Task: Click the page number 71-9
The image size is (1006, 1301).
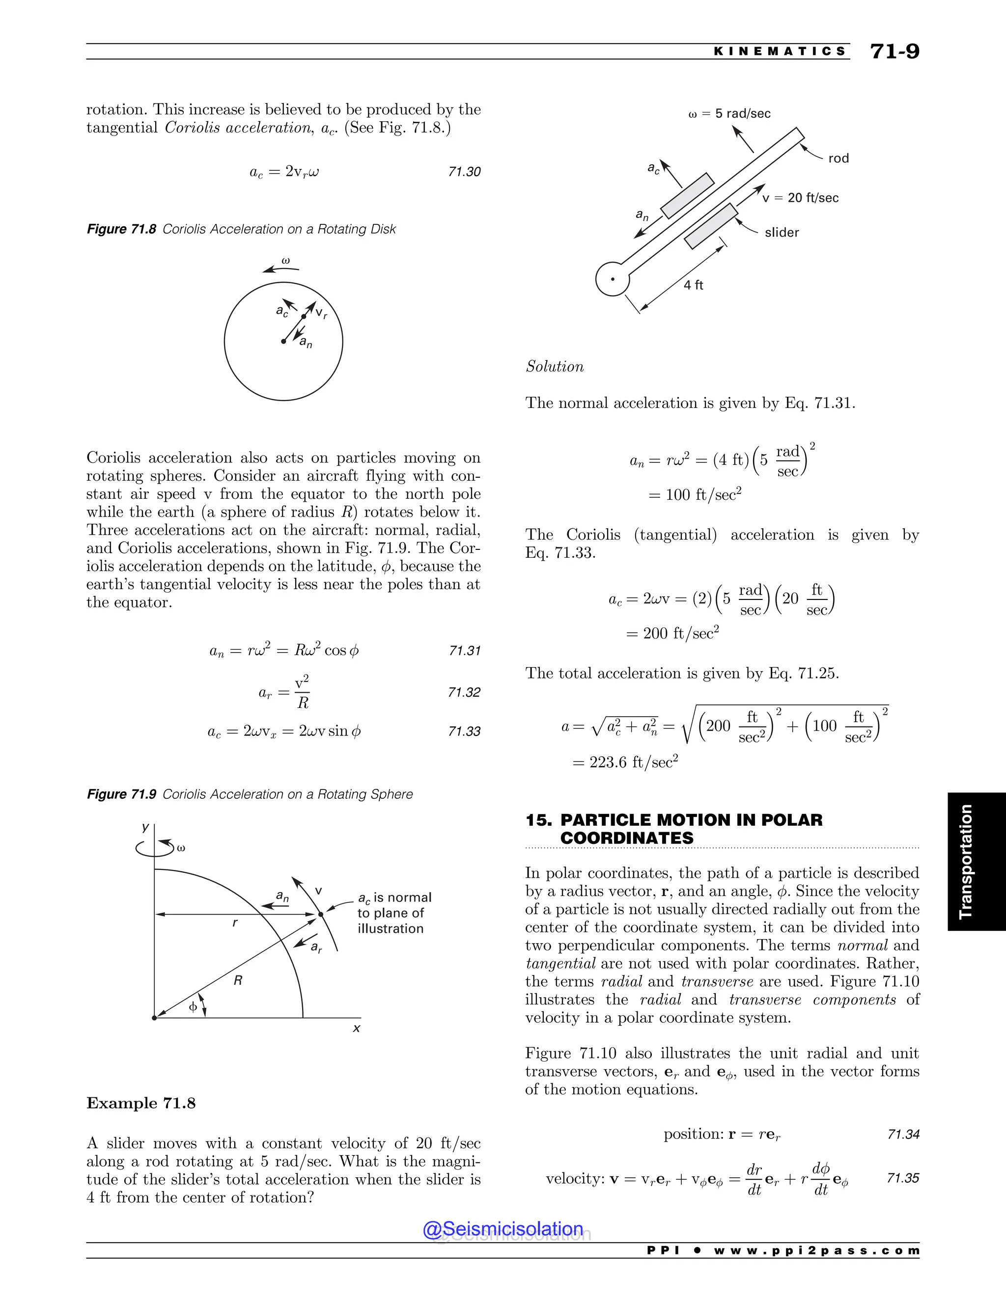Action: (x=894, y=51)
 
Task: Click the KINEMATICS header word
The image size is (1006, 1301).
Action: (x=780, y=51)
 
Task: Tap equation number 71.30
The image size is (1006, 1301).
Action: (x=464, y=171)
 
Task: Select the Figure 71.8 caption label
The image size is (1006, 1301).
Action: (x=122, y=229)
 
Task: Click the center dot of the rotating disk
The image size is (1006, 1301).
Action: (x=284, y=342)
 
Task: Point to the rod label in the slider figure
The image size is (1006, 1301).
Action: (x=838, y=159)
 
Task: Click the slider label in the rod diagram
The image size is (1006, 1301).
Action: (x=782, y=232)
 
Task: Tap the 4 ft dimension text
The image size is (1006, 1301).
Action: (x=693, y=285)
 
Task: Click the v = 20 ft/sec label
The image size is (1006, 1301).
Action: (x=800, y=198)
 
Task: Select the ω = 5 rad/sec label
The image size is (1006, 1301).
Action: (x=729, y=113)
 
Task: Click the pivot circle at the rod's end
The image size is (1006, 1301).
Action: (x=612, y=279)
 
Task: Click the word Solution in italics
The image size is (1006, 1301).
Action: (x=554, y=366)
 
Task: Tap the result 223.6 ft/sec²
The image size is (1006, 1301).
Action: (x=633, y=762)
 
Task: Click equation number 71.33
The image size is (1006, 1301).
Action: (x=464, y=731)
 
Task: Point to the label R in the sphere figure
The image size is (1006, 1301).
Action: (x=238, y=980)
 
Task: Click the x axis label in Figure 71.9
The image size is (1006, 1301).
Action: (x=357, y=1028)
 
